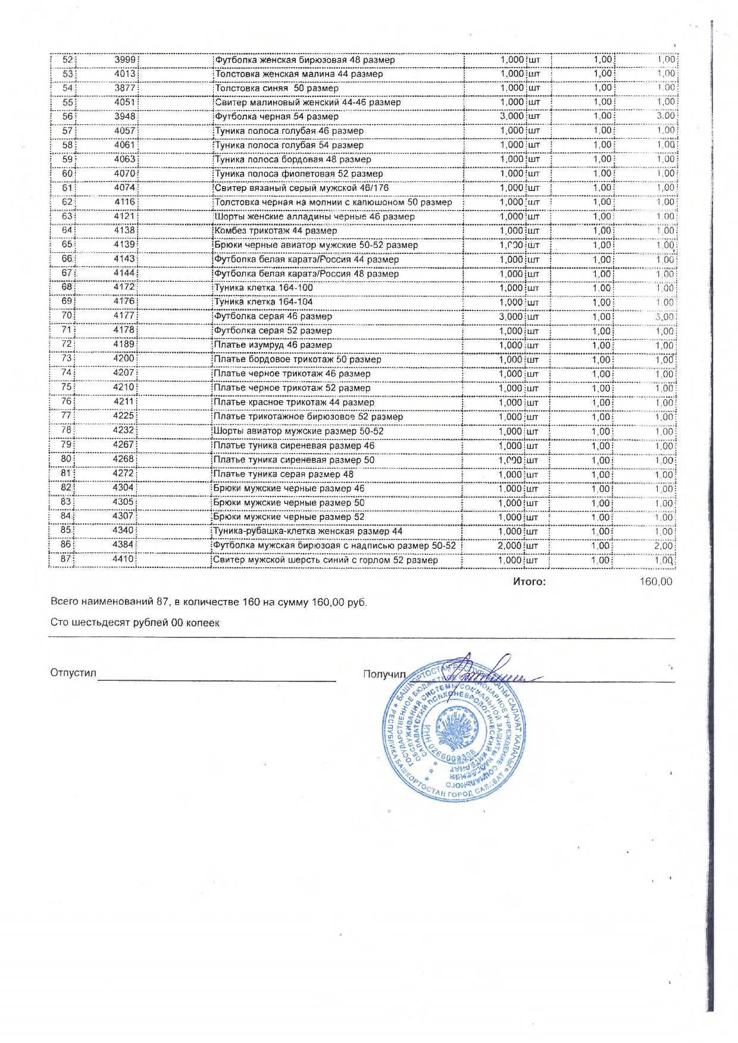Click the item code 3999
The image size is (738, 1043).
[x=126, y=59]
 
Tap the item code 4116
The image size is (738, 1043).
[x=125, y=202]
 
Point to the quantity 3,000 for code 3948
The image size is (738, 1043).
[x=512, y=117]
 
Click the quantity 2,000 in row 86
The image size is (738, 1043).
[x=512, y=545]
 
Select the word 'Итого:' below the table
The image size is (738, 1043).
[x=529, y=582]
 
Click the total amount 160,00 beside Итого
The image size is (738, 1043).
[x=656, y=582]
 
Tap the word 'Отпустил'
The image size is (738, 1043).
[x=73, y=673]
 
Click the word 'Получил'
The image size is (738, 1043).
[x=384, y=674]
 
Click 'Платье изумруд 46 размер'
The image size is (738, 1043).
[x=273, y=345]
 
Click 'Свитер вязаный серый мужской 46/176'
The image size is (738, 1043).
[x=302, y=188]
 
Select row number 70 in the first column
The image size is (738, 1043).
[x=67, y=316]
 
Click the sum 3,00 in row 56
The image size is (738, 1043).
[x=665, y=117]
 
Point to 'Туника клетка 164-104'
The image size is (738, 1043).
[x=264, y=302]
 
